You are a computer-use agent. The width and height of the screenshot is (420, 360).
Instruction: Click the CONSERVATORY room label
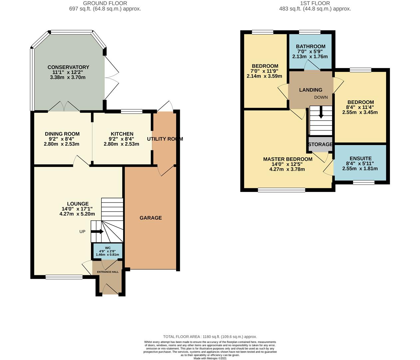(x=68, y=67)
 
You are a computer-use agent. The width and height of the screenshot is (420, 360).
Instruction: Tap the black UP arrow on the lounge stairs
(x=97, y=232)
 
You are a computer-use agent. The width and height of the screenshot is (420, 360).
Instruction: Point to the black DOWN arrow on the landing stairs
(x=321, y=112)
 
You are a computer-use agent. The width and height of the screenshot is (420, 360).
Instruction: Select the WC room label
(x=108, y=248)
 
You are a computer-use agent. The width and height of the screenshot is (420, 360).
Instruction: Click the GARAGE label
(x=151, y=218)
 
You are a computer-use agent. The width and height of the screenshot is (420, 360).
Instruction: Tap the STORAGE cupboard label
(x=320, y=144)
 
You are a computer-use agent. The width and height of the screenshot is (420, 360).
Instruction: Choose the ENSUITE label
(x=360, y=158)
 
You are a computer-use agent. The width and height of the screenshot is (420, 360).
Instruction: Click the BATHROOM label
(x=310, y=46)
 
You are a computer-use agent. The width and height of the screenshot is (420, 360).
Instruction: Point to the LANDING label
(x=310, y=90)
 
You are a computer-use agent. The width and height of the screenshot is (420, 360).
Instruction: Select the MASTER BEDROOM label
(x=288, y=159)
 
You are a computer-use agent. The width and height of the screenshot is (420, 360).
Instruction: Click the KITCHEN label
(x=122, y=134)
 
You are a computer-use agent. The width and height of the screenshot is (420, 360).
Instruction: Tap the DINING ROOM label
(x=62, y=134)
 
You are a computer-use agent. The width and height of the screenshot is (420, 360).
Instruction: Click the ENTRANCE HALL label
(x=108, y=272)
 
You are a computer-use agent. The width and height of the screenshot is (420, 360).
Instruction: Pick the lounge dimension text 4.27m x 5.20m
(x=77, y=214)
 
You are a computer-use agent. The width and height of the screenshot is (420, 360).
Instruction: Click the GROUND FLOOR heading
(x=105, y=3)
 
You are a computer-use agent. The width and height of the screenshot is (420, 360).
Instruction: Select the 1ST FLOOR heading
(x=315, y=3)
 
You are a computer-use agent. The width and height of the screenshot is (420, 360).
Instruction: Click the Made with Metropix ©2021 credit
(x=210, y=358)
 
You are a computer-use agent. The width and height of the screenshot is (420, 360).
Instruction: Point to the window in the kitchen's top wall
(x=132, y=111)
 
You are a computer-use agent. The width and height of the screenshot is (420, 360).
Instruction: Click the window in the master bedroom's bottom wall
(x=282, y=190)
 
